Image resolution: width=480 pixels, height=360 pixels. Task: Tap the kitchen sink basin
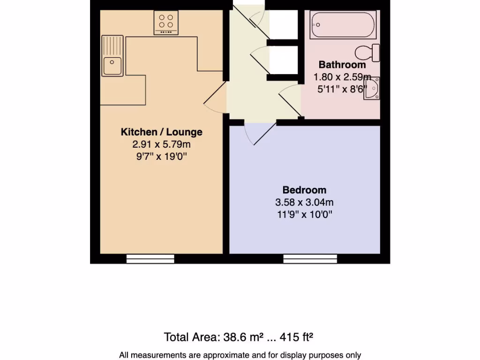coord(112,66)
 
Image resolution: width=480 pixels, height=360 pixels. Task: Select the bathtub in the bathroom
coord(343,24)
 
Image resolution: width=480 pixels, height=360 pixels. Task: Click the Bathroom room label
coord(342,65)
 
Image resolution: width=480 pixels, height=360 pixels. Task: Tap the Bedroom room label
coord(304,190)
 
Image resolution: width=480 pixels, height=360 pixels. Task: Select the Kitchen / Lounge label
coord(161,132)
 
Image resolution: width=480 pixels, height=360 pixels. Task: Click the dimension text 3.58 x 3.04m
coord(304,202)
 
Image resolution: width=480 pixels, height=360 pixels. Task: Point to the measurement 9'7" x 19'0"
coord(161,157)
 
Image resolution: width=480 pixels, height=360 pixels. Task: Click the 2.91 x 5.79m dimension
coord(161,144)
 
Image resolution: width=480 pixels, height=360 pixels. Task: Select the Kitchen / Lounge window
coord(150,259)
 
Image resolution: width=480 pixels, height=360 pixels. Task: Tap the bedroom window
coord(310,259)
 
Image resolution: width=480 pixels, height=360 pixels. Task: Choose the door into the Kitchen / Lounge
coord(215,97)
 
